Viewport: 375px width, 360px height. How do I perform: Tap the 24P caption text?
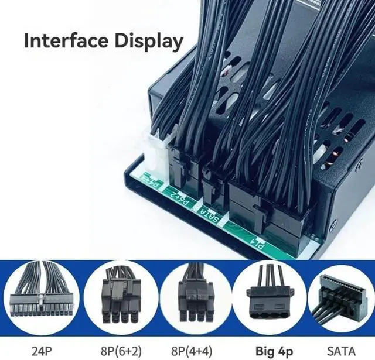[x=42, y=351]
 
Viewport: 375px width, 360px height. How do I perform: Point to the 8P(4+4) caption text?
[x=196, y=351]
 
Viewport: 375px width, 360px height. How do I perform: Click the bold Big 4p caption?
[x=273, y=351]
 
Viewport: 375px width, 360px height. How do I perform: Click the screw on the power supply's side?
[x=333, y=224]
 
